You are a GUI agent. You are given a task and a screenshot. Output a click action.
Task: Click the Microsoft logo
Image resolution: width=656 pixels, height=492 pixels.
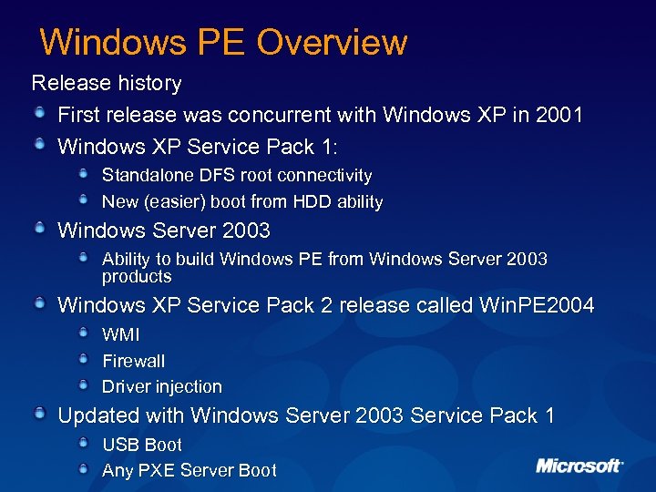point(579,466)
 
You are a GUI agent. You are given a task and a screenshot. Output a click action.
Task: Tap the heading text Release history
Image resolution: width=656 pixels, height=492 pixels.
point(107,83)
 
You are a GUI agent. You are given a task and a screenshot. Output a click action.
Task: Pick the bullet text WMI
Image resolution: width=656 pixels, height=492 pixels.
point(121,335)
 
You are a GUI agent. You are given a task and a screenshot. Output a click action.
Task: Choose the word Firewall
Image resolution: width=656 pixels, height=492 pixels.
point(133,361)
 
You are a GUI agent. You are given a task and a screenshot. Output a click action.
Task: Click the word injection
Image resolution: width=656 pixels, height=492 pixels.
point(188,386)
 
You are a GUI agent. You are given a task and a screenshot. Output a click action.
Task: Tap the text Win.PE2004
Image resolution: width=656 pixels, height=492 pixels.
point(536,305)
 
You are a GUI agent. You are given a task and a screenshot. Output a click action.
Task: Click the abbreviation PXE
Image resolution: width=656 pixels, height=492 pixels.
point(156,470)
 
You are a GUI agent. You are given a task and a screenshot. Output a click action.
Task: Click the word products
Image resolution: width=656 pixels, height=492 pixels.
point(137,276)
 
